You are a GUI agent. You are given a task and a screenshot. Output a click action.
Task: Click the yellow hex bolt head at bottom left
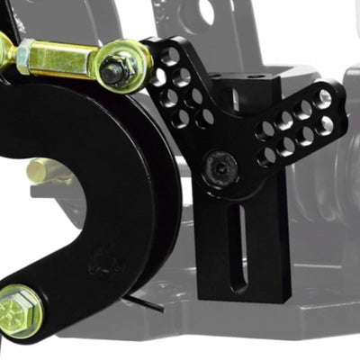click(x=20, y=310)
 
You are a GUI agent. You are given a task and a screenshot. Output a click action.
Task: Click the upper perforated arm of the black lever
click(x=184, y=85)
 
